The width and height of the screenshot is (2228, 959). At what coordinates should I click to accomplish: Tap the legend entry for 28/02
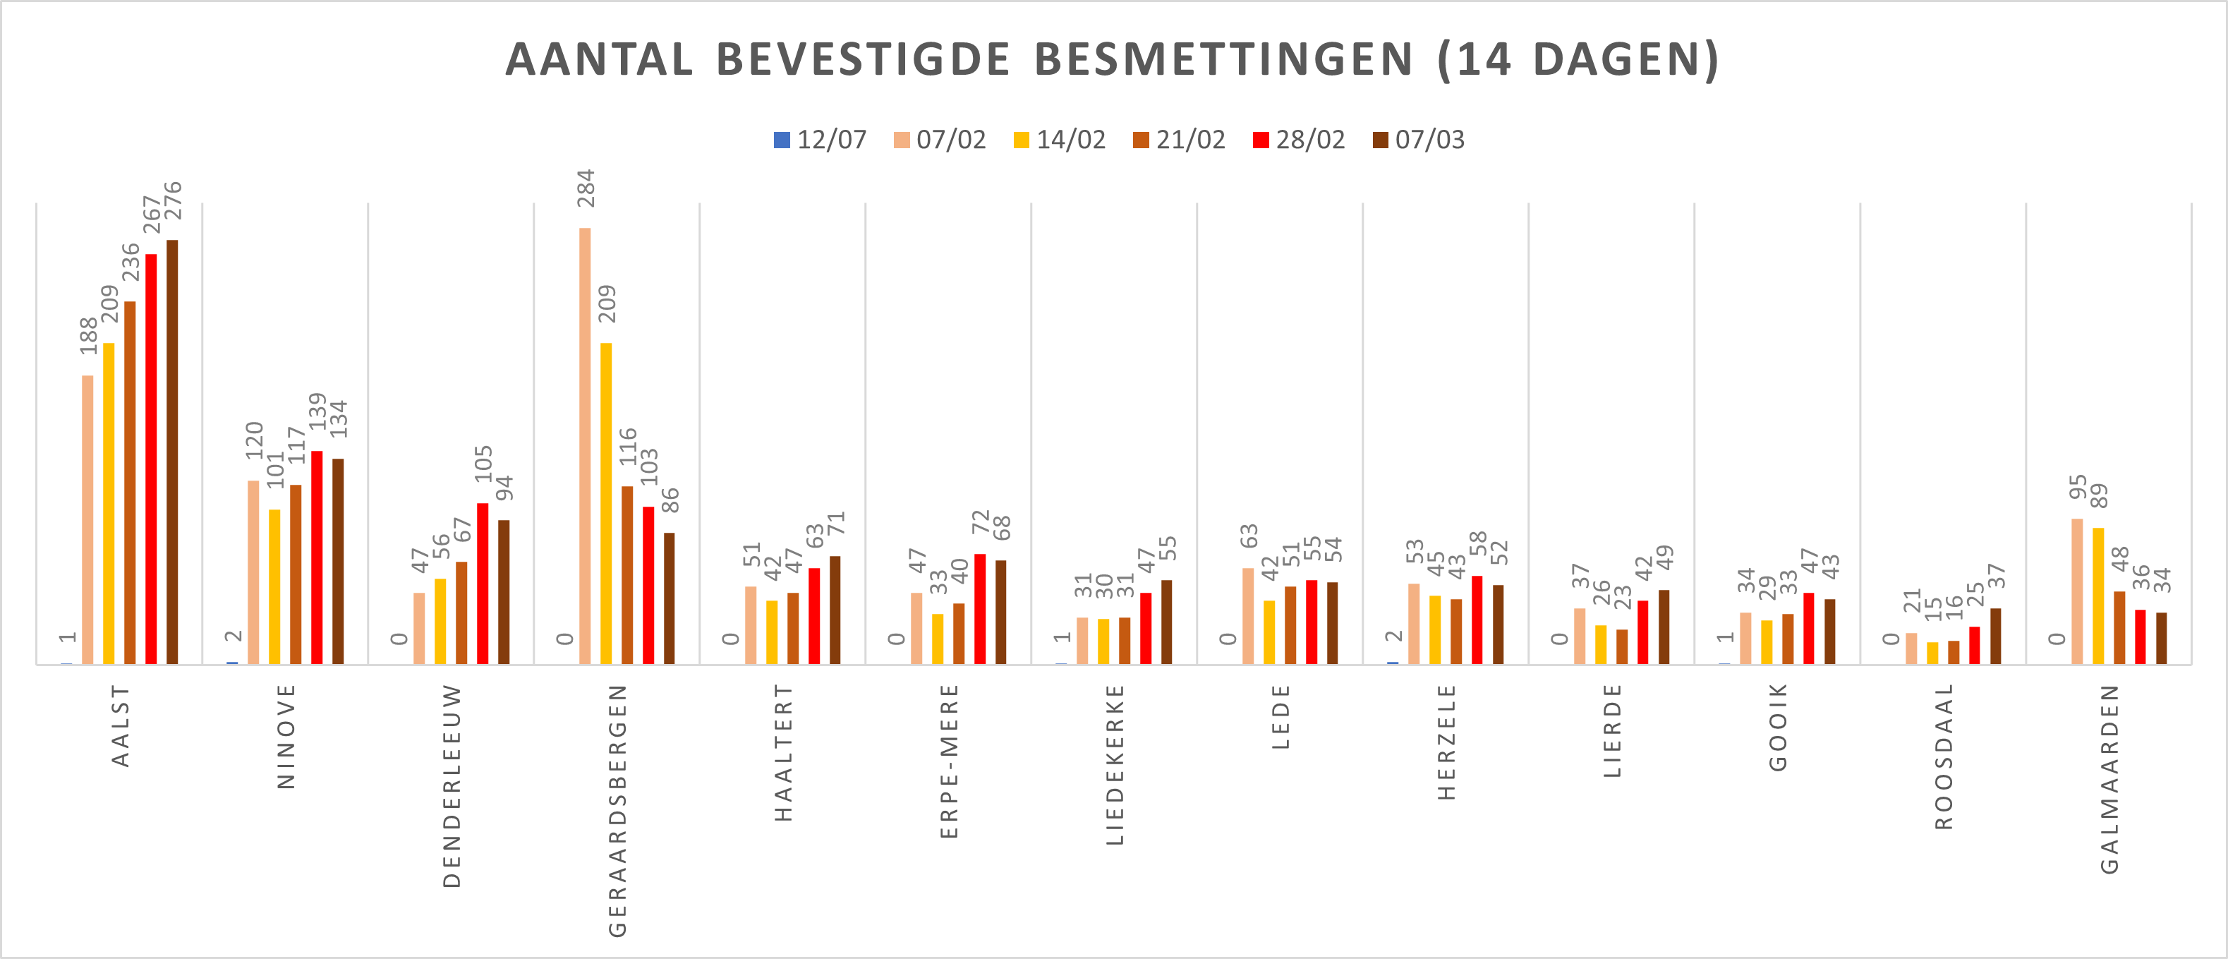click(1298, 140)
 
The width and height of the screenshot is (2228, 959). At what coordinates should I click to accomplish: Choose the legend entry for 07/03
click(1419, 140)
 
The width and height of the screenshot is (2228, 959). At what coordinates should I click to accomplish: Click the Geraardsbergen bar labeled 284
click(586, 445)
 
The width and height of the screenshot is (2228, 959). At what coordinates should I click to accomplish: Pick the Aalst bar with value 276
click(172, 452)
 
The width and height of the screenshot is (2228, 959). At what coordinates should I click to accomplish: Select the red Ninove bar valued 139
click(317, 557)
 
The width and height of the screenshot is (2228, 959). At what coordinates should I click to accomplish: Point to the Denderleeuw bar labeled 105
click(483, 584)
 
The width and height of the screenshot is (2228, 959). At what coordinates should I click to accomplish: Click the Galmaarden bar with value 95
click(2076, 591)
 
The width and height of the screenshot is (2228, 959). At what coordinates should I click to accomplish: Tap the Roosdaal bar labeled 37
click(1995, 637)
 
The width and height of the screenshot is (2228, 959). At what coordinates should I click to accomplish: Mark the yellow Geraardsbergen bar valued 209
click(606, 503)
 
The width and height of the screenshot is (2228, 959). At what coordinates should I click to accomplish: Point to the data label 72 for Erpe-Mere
click(979, 521)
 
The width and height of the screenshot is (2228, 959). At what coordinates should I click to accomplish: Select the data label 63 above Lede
click(1248, 536)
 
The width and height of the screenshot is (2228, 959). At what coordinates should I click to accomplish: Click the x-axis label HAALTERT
click(782, 752)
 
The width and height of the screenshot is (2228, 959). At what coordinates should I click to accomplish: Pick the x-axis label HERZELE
click(1446, 742)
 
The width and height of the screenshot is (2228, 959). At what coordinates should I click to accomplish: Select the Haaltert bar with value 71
click(835, 610)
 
